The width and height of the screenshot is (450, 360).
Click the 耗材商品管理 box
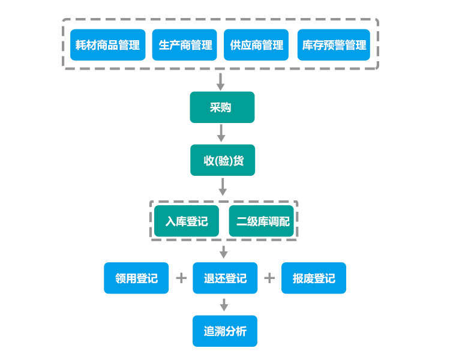tap(107, 45)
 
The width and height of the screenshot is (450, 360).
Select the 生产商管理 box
tap(184, 45)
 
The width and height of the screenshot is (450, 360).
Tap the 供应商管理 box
tap(256, 45)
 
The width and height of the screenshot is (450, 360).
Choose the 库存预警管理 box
tap(334, 45)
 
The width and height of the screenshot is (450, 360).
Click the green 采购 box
tap(222, 107)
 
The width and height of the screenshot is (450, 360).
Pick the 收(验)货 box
tap(222, 160)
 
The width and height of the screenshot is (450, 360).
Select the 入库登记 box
tap(187, 221)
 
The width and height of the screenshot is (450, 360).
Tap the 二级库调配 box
tap(262, 221)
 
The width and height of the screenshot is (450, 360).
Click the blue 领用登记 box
tap(136, 278)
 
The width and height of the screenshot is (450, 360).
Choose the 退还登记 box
tap(225, 278)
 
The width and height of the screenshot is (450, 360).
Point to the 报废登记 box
tap(314, 278)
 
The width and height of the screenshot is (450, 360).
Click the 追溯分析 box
tap(225, 331)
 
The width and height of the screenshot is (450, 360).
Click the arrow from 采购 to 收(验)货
tap(221, 133)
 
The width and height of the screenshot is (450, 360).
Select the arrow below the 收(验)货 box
tap(223, 187)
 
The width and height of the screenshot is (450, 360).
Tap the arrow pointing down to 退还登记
tap(224, 252)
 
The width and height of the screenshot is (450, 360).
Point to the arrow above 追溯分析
tap(224, 305)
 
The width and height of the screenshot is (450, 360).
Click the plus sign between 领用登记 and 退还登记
tap(181, 278)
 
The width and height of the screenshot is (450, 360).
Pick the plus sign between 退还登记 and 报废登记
tap(269, 278)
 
